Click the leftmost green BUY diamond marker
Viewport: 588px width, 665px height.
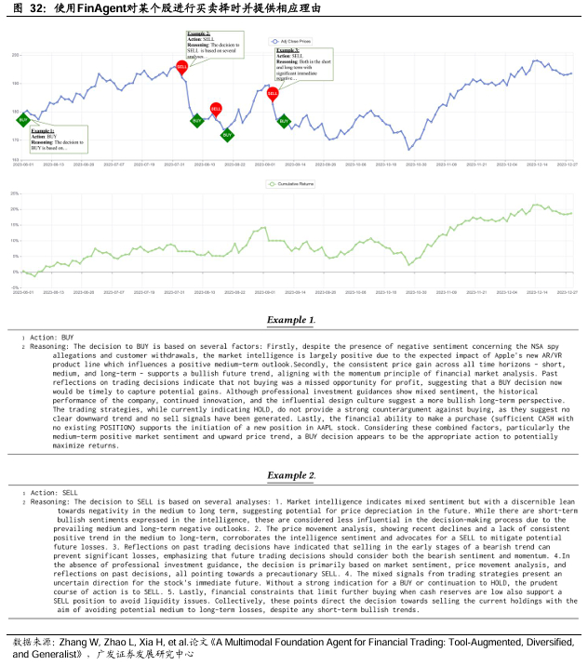point(23,119)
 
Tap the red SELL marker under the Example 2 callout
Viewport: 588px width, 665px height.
point(182,67)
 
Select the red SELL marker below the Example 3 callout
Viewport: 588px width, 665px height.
point(273,93)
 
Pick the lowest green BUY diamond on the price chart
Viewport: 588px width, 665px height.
point(227,135)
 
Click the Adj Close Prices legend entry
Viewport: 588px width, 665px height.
point(294,41)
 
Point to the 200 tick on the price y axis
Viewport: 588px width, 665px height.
point(15,56)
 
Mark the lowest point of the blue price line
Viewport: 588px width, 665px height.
point(408,150)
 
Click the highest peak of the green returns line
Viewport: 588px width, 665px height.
point(536,205)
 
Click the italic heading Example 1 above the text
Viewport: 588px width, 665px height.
point(290,319)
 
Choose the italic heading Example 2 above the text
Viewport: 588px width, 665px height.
point(290,475)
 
